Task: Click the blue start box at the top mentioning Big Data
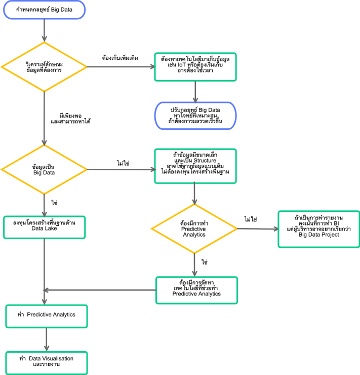click(x=45, y=10)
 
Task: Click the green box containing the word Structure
click(x=195, y=166)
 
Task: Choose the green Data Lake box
click(x=45, y=228)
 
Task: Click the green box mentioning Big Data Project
click(x=318, y=229)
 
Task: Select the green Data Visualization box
click(x=46, y=362)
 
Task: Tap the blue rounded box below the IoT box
click(x=195, y=116)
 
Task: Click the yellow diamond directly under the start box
click(x=45, y=66)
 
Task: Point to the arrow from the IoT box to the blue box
click(x=195, y=92)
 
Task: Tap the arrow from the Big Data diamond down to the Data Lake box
click(x=45, y=205)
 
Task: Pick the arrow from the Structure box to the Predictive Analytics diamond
click(x=195, y=194)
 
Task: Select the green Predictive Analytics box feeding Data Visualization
click(x=46, y=316)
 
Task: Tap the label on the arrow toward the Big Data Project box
click(x=251, y=220)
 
